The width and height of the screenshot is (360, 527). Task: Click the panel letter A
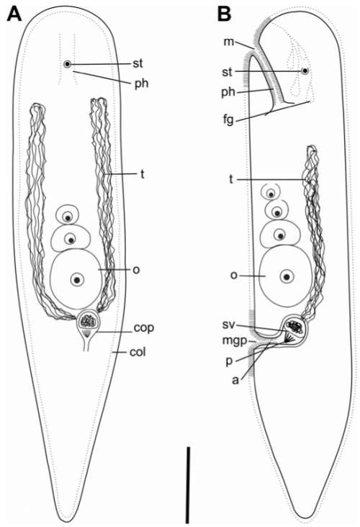coord(14,14)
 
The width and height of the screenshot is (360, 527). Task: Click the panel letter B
coord(224,14)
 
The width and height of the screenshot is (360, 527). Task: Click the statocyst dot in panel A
coord(68,64)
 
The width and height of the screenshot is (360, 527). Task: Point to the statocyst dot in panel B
coord(305,71)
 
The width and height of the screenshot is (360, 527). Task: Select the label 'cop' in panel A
coord(144,328)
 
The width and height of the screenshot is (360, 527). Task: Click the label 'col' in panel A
coord(138,352)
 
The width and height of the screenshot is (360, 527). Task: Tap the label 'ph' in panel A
coord(141,83)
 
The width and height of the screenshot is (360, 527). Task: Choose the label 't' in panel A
coord(142,174)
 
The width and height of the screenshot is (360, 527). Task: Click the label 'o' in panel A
coord(136,270)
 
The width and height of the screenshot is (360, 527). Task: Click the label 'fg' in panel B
coord(228,120)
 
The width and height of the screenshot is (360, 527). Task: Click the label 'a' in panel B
coord(236,380)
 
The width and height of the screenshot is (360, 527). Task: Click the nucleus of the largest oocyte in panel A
coord(77,279)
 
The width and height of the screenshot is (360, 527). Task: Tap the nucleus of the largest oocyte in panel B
coord(287,277)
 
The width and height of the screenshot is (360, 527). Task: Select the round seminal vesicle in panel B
coord(294,328)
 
